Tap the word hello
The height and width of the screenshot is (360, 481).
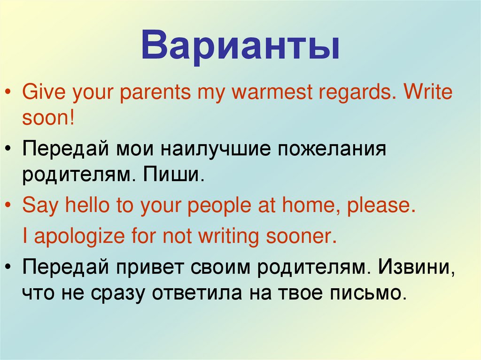[x=85, y=206]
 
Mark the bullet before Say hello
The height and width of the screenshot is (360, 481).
[x=10, y=207]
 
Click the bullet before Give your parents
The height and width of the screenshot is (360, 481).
[x=10, y=93]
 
